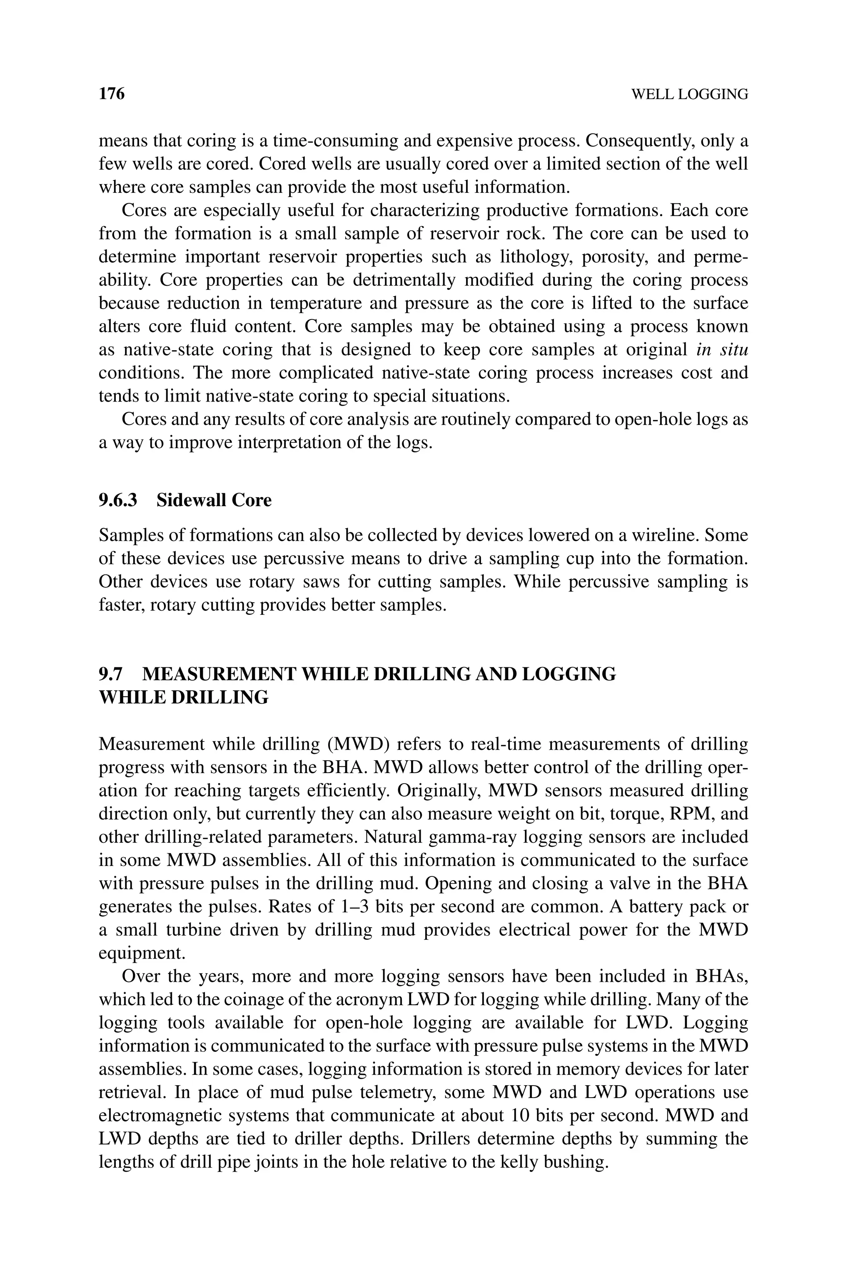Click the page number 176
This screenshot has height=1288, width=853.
click(112, 94)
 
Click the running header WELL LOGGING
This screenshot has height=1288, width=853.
click(689, 95)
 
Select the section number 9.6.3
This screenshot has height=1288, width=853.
click(118, 500)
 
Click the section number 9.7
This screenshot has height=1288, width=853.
click(110, 674)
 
